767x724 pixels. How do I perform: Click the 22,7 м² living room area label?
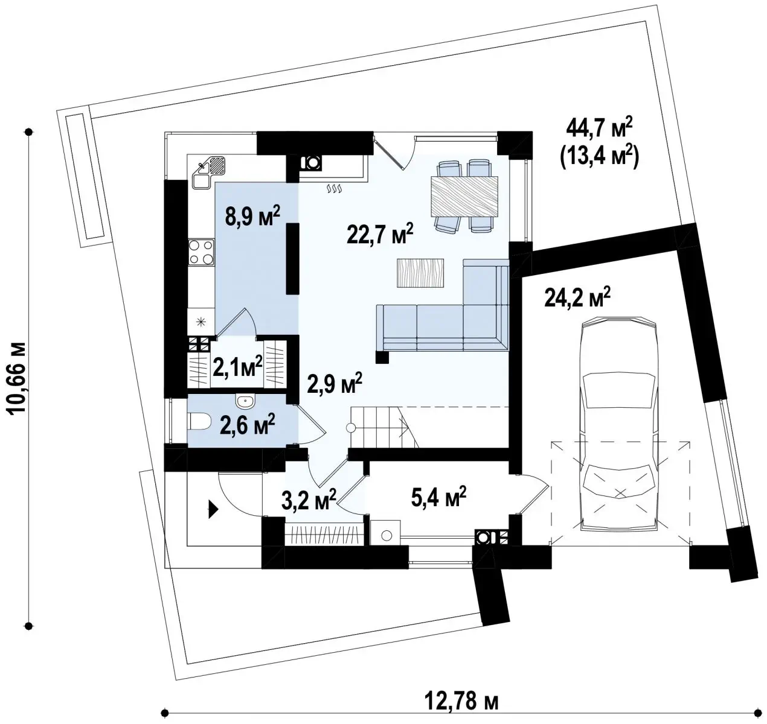tap(380, 233)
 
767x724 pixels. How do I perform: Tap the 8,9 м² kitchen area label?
tap(252, 216)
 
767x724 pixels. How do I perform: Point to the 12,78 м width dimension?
tap(461, 701)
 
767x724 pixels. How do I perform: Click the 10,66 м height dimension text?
tap(17, 378)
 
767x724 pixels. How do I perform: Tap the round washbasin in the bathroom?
tap(245, 401)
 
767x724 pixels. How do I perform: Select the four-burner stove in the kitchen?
tap(201, 252)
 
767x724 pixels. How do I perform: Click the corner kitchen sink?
tap(208, 172)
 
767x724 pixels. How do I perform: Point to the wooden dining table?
tap(464, 196)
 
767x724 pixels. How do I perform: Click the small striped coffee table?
tap(420, 273)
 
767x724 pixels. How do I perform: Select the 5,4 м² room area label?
tap(438, 497)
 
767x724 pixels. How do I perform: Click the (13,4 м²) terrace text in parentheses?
tap(599, 157)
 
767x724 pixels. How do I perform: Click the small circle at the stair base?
tap(350, 428)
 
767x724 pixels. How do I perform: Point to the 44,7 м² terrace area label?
tap(599, 128)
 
